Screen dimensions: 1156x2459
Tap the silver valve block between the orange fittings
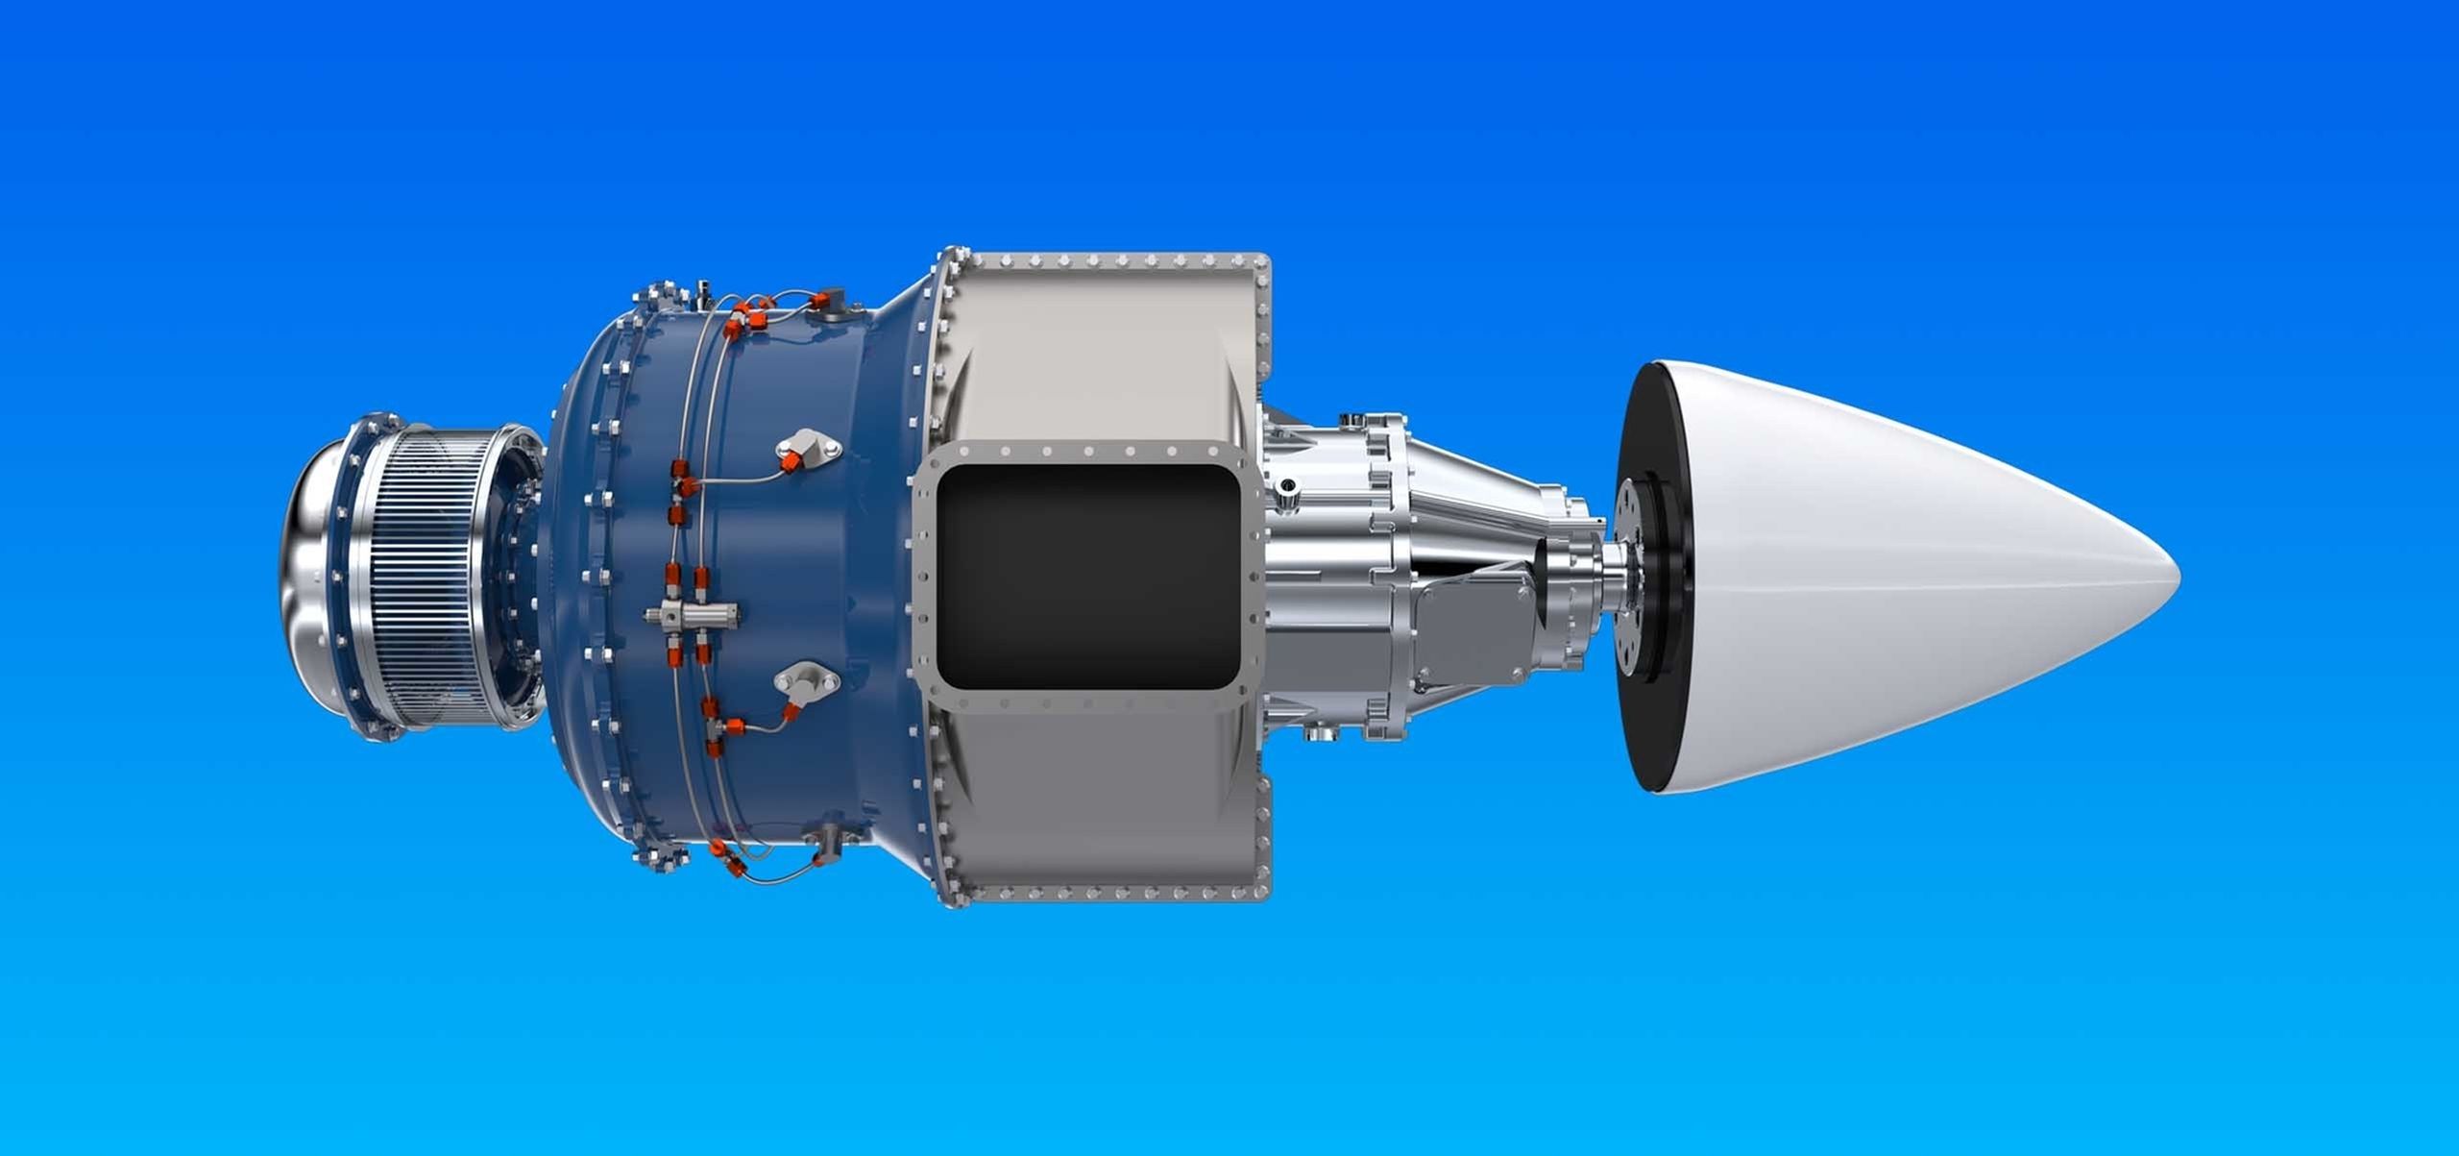click(692, 612)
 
